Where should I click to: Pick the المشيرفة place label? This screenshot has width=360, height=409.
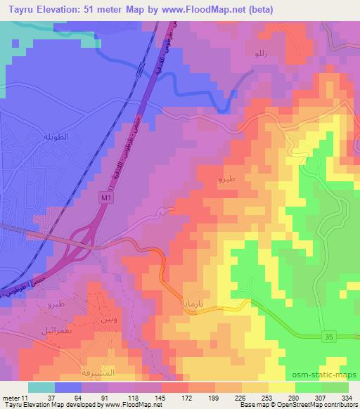pos(98,370)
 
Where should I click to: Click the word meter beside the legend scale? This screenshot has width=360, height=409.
pos(12,398)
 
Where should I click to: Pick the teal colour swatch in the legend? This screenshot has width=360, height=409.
pos(41,387)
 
